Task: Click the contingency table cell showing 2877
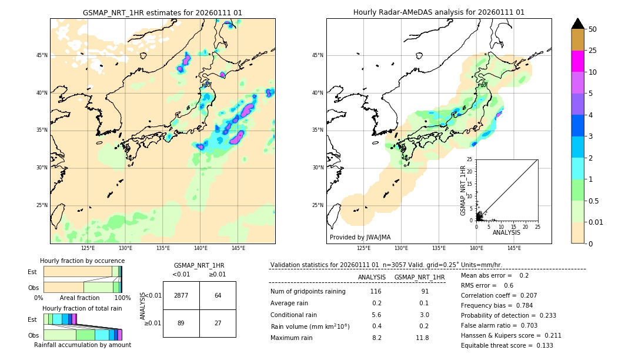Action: pos(181,295)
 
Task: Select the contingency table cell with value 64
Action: pos(218,295)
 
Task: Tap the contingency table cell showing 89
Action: pos(181,323)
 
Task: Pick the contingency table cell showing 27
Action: pos(218,323)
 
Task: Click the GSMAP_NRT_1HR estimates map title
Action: pos(162,12)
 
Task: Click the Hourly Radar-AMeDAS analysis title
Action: pos(439,12)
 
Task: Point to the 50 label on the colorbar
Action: pos(593,29)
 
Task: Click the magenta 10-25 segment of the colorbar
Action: pos(577,61)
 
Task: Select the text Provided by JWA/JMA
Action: pos(360,237)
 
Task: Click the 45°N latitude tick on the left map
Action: pos(41,55)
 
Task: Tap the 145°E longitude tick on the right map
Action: pos(514,248)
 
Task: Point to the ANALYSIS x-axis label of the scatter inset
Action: pos(506,233)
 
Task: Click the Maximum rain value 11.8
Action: pos(423,338)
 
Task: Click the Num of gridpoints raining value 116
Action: pos(376,292)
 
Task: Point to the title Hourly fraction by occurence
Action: pos(82,261)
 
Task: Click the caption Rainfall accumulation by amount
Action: pos(82,345)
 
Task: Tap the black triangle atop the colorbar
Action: pos(577,24)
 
